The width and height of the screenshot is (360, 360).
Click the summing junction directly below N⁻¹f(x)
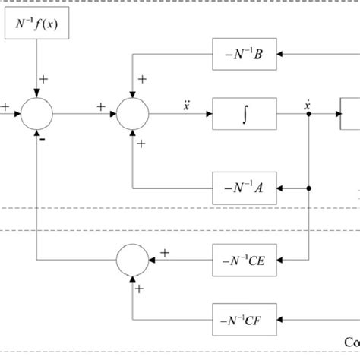click(x=36, y=115)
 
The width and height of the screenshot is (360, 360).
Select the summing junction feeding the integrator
click(x=134, y=115)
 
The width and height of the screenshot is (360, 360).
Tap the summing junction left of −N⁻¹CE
click(x=134, y=260)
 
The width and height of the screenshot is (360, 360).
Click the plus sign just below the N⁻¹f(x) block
click(x=45, y=78)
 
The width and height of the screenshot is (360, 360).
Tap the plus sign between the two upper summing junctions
click(x=101, y=107)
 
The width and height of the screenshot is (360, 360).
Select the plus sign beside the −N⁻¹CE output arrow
click(x=165, y=251)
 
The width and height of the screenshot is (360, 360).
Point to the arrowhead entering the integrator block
click(x=208, y=115)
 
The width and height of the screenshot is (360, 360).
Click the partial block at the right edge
click(x=350, y=115)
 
